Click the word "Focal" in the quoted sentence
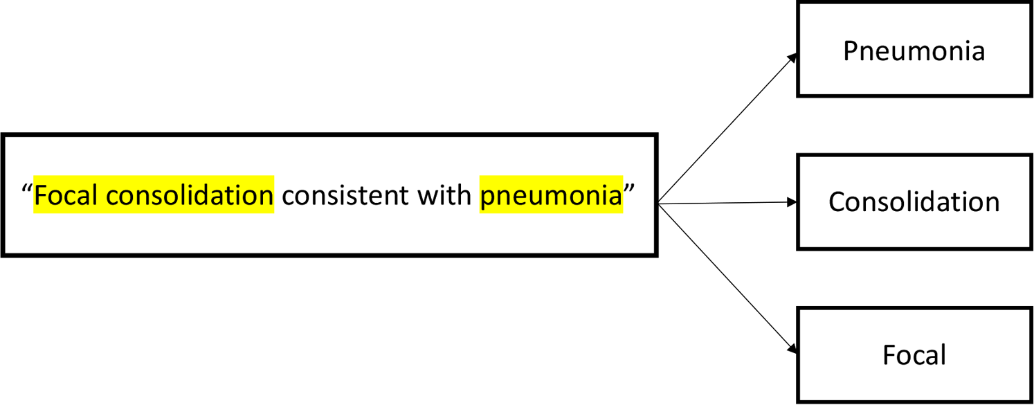click(x=67, y=196)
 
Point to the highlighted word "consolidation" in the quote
click(x=190, y=196)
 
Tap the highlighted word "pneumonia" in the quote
click(x=551, y=196)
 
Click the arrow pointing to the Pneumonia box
click(x=727, y=129)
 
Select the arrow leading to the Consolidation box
click(x=727, y=203)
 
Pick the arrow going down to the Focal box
click(x=727, y=278)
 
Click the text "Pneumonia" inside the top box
click(x=914, y=51)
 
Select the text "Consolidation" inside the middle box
click(x=914, y=201)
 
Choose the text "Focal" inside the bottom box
click(x=914, y=354)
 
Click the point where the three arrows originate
click(x=660, y=204)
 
